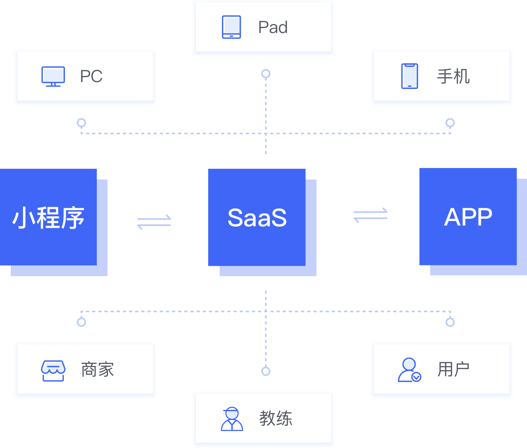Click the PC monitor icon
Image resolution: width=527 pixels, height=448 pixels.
click(x=53, y=76)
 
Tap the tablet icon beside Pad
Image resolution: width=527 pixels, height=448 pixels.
click(x=231, y=27)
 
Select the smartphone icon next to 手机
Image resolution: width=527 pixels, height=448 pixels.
click(x=409, y=76)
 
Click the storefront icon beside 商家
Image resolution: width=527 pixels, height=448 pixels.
click(x=53, y=371)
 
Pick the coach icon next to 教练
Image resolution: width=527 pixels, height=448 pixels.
click(x=232, y=419)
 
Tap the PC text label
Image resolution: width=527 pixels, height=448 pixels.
click(x=91, y=76)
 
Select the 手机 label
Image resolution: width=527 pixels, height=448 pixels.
click(x=453, y=76)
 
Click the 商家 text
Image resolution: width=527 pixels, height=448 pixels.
click(x=98, y=370)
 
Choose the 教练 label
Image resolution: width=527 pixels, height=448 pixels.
click(x=275, y=418)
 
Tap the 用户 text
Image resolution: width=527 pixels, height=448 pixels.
click(x=453, y=370)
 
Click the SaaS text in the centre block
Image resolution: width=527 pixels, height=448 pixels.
click(x=257, y=218)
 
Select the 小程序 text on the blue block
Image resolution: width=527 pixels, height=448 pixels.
click(x=48, y=218)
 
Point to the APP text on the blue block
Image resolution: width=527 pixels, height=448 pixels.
click(x=468, y=217)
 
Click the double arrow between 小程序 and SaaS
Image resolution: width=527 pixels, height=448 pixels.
click(x=154, y=222)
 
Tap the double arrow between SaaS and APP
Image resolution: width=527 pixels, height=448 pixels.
click(x=371, y=215)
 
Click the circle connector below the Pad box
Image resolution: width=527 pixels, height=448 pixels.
click(x=266, y=74)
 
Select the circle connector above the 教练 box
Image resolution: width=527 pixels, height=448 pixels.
click(x=266, y=371)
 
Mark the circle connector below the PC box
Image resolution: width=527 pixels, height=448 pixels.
click(x=81, y=123)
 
